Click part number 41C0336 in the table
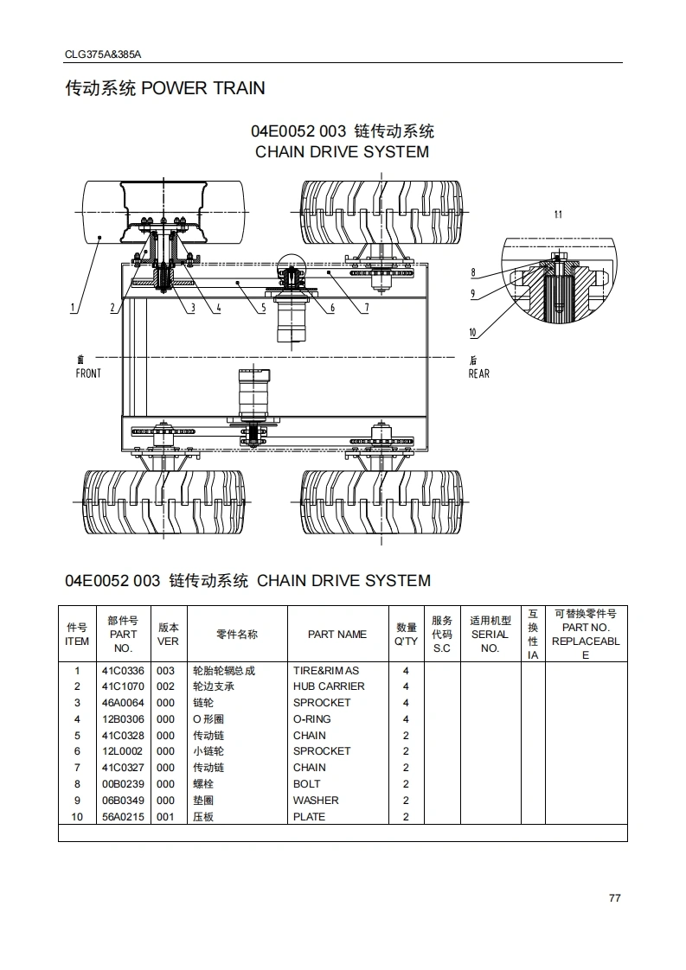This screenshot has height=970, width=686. tap(123, 671)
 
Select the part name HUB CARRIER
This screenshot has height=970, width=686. tap(328, 686)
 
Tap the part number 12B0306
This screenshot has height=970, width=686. tap(123, 719)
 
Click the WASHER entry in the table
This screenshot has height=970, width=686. tap(316, 801)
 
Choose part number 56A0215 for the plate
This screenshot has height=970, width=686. tap(123, 817)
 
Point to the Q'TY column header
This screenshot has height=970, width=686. tap(406, 635)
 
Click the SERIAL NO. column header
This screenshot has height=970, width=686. tap(490, 635)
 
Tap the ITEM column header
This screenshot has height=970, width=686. tap(77, 635)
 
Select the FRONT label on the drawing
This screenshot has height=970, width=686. tap(88, 373)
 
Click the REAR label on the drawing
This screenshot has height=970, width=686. tap(478, 373)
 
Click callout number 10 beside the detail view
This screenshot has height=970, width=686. tap(472, 333)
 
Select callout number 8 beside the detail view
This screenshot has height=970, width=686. tap(473, 273)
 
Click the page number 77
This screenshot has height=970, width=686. tap(614, 897)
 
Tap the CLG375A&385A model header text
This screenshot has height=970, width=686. tap(102, 54)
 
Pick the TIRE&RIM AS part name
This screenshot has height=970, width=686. tap(325, 671)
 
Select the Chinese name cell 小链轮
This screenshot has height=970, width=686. tap(208, 751)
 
